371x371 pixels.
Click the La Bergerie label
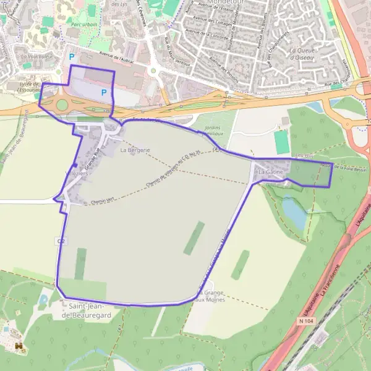135,150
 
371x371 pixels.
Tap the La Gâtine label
270,171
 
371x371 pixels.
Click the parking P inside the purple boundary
104,93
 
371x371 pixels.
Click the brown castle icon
19,346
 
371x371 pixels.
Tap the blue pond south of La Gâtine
294,213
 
